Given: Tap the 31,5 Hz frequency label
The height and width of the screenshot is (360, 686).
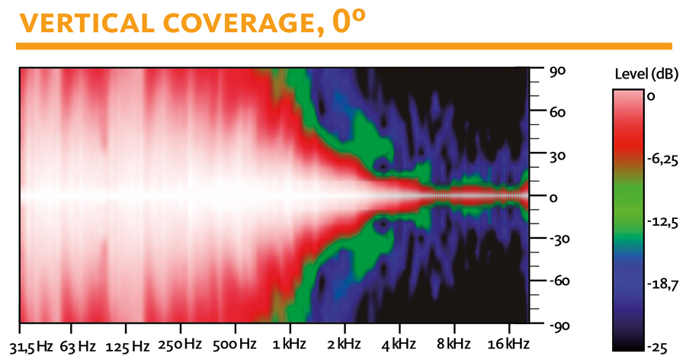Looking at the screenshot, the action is (x=30, y=346).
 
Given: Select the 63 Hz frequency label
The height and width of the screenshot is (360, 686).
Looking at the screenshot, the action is (x=78, y=347).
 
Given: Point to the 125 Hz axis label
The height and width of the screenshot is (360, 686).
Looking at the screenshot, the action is (x=127, y=347).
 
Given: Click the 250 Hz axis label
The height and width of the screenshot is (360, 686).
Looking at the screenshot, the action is (x=180, y=345).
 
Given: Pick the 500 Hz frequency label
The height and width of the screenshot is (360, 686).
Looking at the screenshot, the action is (x=234, y=344).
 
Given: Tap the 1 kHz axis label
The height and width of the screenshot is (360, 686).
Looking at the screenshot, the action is (x=289, y=344).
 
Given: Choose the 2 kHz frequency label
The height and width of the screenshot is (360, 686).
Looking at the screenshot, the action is (x=344, y=344).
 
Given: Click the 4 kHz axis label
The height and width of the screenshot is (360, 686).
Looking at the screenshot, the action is (x=398, y=344).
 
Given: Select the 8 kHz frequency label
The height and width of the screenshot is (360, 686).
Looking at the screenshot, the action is (x=453, y=344).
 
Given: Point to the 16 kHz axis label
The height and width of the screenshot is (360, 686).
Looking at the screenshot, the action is (x=508, y=344).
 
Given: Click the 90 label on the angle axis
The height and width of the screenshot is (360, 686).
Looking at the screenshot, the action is (x=556, y=71).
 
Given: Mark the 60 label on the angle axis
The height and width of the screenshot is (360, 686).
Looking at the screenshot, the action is (x=556, y=113).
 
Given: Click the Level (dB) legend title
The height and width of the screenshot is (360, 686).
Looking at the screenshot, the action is (x=646, y=75).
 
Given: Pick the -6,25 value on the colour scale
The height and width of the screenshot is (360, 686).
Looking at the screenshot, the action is (x=662, y=160).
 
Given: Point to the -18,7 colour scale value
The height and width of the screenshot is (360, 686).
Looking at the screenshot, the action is (x=662, y=284).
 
